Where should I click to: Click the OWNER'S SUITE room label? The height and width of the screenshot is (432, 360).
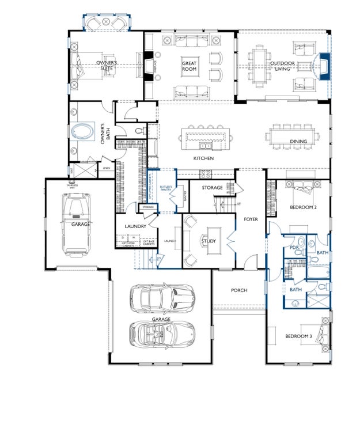coord(107,66)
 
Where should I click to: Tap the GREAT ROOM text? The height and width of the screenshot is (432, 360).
coord(190,66)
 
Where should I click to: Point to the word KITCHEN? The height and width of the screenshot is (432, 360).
coord(203,158)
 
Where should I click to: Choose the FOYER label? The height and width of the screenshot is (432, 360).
coord(250,219)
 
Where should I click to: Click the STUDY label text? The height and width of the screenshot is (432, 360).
coord(209,241)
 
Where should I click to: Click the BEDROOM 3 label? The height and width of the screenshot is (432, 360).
coord(298,336)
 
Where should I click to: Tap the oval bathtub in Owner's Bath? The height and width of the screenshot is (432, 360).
coord(84,132)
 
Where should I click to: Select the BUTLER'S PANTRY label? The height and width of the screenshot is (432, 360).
coord(166,191)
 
